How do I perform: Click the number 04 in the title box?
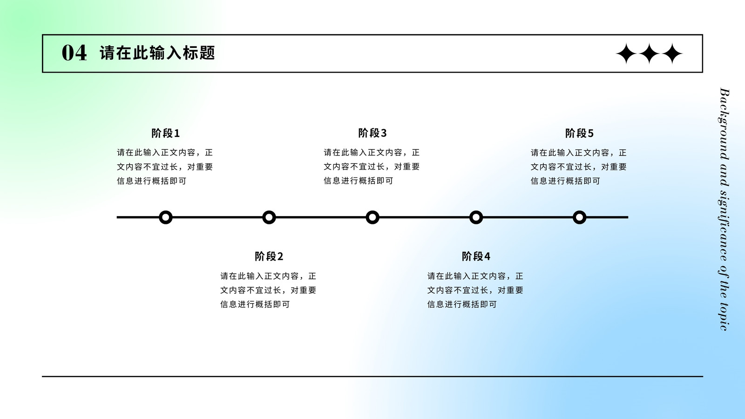point(74,53)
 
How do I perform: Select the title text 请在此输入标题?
point(157,53)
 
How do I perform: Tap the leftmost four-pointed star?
point(626,53)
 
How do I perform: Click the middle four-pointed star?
point(649,53)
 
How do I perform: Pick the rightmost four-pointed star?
point(672,53)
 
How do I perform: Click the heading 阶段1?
point(166,133)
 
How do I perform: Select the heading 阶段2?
point(269,257)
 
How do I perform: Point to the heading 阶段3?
point(372,133)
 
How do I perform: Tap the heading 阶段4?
point(476,257)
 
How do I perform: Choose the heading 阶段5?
point(579,133)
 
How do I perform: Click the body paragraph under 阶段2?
point(268,291)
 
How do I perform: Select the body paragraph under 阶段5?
point(579,167)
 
